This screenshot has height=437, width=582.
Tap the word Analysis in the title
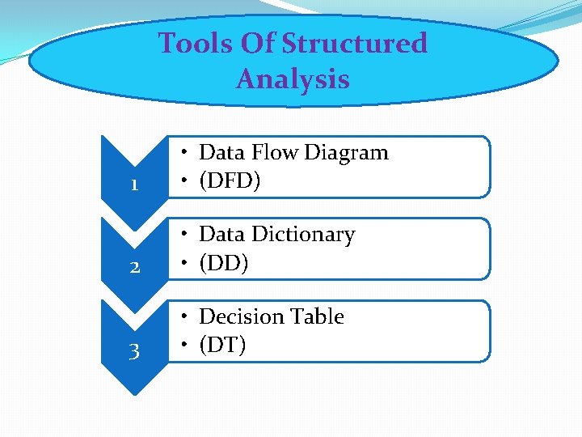click(293, 79)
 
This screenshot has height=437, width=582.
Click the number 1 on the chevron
click(134, 185)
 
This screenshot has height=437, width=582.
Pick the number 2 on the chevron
click(134, 267)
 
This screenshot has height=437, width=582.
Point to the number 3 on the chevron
click(134, 351)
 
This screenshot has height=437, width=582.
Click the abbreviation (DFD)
click(230, 181)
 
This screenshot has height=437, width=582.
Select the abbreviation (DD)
click(223, 263)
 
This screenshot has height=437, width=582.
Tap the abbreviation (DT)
click(222, 346)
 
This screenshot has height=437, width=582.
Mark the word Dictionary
click(303, 235)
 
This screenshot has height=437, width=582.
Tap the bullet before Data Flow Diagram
click(185, 152)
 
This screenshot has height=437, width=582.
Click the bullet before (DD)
click(185, 264)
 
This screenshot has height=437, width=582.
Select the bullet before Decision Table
click(185, 316)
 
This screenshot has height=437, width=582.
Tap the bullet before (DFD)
click(185, 181)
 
